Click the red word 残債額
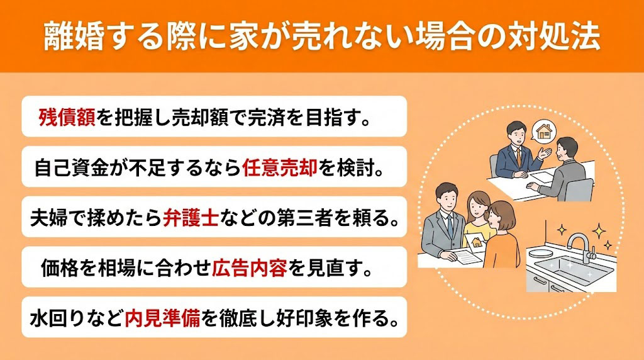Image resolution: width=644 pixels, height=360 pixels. click(67, 116)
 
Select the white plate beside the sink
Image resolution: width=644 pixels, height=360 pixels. click(540, 252)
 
